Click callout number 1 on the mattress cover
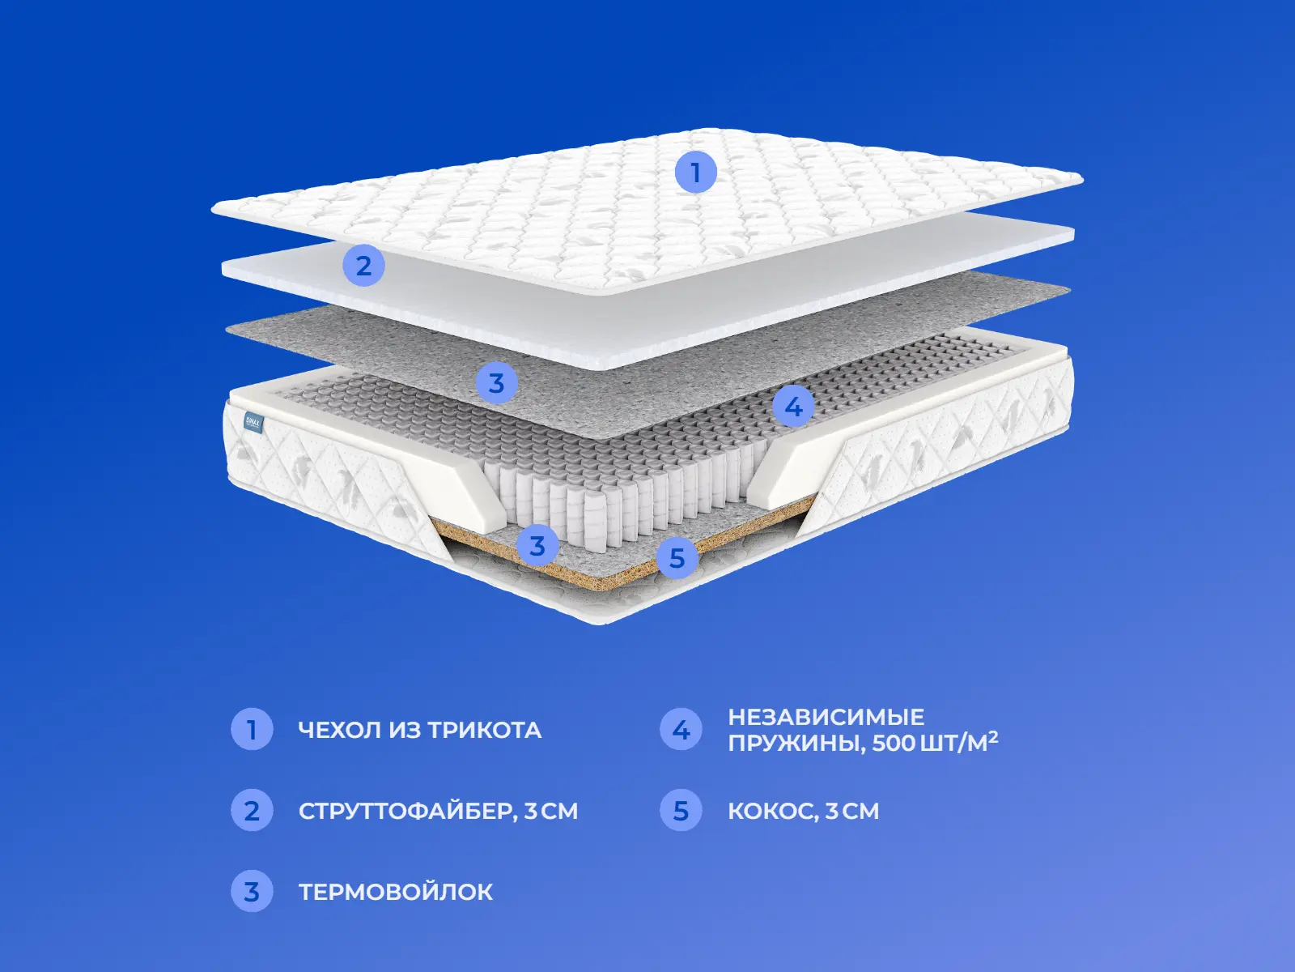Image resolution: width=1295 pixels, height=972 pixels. pyautogui.click(x=695, y=173)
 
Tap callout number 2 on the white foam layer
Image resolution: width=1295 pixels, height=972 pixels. pyautogui.click(x=364, y=266)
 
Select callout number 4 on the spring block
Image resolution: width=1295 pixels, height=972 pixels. pyautogui.click(x=793, y=407)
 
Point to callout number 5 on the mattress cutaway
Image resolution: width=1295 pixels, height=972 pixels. pyautogui.click(x=677, y=558)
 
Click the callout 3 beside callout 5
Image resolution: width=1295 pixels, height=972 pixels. pyautogui.click(x=537, y=545)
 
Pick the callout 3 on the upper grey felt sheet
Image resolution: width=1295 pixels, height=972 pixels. pyautogui.click(x=497, y=383)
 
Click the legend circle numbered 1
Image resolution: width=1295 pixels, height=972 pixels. pyautogui.click(x=252, y=730)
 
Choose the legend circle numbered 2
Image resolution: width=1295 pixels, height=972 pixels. pyautogui.click(x=252, y=810)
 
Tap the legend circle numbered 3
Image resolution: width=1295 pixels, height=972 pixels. pyautogui.click(x=252, y=891)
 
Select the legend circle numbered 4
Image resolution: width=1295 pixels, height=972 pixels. pyautogui.click(x=681, y=730)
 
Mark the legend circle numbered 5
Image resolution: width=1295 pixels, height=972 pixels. pyautogui.click(x=681, y=810)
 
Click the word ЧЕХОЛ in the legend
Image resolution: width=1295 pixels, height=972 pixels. pyautogui.click(x=340, y=730)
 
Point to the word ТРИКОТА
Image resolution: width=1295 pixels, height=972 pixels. pyautogui.click(x=484, y=730)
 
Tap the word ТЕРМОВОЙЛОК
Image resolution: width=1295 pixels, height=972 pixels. pyautogui.click(x=396, y=892)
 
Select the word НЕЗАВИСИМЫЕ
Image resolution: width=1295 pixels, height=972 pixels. pyautogui.click(x=826, y=717)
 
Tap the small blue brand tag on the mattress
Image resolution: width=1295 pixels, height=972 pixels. pyautogui.click(x=253, y=423)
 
